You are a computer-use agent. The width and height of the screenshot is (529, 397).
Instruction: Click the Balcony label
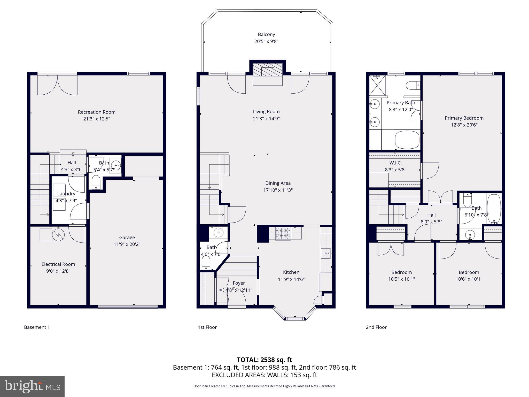pos(266,34)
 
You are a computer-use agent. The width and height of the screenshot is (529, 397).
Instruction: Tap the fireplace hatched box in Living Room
pos(267,70)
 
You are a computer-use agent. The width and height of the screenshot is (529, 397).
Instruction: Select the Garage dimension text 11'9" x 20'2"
pos(127,244)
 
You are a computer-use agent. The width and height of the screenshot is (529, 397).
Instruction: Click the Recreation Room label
pos(97,112)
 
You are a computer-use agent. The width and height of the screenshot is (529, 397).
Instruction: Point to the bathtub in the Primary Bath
pos(407,140)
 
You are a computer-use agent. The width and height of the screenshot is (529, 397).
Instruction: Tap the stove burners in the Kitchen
pos(283,234)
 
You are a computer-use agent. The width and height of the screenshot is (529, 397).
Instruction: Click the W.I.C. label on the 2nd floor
pos(395,163)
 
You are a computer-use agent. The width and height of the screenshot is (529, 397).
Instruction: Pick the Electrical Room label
pos(58,264)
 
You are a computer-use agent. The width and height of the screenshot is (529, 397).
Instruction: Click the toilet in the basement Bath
pos(96,182)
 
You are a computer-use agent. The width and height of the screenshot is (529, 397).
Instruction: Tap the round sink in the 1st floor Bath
pos(219,233)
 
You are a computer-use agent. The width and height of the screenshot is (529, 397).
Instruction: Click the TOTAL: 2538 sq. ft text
pos(264,360)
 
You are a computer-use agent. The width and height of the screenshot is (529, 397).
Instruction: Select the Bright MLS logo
pos(32,386)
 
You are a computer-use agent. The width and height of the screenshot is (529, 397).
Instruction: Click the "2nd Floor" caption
pos(376,327)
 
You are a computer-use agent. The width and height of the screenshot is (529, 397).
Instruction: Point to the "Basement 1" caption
pos(37,327)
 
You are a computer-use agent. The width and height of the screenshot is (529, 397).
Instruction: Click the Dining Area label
pos(278,183)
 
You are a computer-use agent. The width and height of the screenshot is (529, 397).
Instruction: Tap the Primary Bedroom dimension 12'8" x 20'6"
pos(464,125)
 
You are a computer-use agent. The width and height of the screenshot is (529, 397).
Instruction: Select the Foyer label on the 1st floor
pos(239,283)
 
